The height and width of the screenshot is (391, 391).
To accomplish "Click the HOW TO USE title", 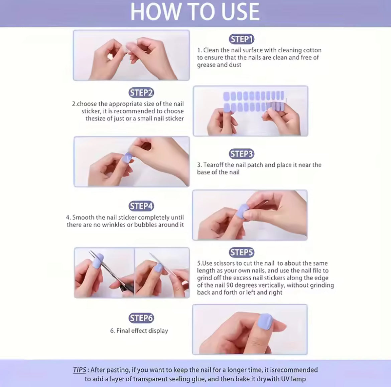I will (195, 12).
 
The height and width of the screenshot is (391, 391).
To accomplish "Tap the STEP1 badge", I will (241, 39).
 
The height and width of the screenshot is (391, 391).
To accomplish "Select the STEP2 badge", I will (141, 93).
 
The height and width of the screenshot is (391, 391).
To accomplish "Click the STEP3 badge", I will (241, 154).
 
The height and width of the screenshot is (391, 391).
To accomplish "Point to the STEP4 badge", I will (141, 206).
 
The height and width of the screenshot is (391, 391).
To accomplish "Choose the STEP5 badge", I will (241, 253).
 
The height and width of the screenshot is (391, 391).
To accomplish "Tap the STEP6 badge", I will (141, 318).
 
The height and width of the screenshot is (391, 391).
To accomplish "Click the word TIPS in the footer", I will (80, 370).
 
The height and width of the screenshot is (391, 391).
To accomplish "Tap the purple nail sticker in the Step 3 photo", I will (127, 157).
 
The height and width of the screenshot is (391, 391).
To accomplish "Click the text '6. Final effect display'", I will (139, 331).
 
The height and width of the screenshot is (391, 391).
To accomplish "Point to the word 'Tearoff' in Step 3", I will (214, 165).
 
